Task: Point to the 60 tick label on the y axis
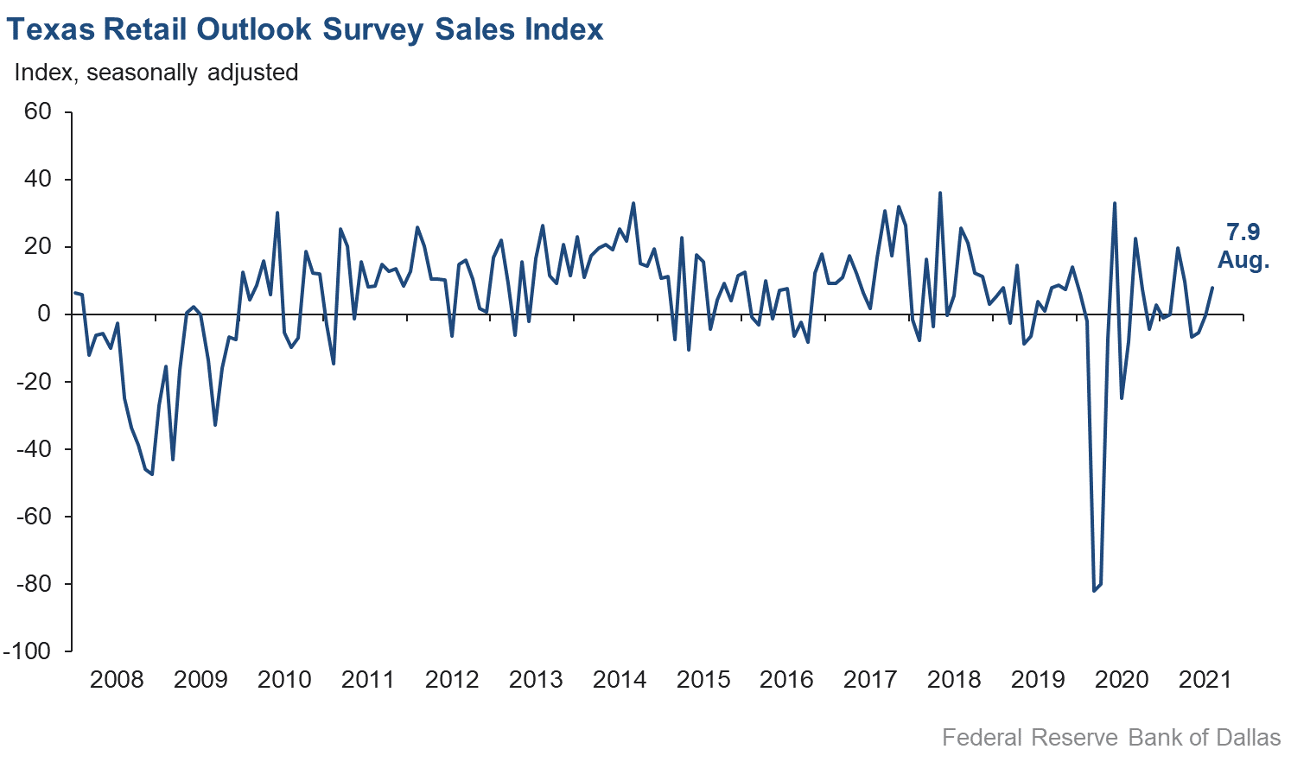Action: tap(38, 112)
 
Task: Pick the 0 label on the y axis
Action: tap(44, 314)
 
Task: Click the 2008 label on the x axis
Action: tap(117, 680)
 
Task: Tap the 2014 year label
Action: tap(620, 680)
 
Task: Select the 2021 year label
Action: tap(1205, 680)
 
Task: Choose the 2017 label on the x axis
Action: tap(870, 680)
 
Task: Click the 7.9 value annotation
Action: tap(1243, 232)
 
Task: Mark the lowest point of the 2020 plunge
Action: tap(1094, 591)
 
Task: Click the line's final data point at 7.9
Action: tap(1212, 288)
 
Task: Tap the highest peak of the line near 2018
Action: tap(940, 193)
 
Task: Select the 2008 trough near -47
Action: tap(152, 474)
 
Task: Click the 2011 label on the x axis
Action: tap(368, 680)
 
